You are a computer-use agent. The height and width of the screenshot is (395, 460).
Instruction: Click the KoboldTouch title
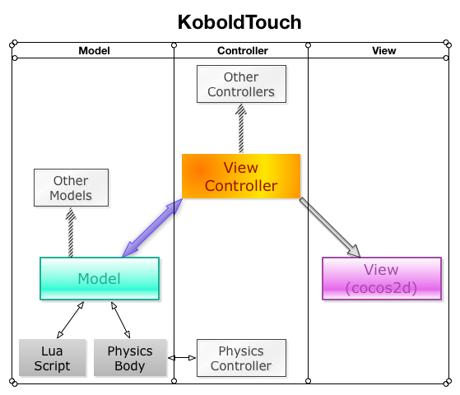(x=239, y=22)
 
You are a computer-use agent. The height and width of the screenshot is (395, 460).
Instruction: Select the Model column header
(x=94, y=51)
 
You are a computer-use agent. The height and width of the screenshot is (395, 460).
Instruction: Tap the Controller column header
(x=243, y=51)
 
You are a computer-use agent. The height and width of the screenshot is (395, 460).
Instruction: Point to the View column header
(x=384, y=51)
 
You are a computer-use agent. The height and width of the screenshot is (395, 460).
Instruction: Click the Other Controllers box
(x=241, y=84)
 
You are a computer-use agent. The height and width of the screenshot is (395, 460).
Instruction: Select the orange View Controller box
(x=241, y=176)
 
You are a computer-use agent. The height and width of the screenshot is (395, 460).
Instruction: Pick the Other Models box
(x=71, y=188)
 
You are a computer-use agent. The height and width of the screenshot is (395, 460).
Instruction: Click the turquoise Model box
(x=100, y=278)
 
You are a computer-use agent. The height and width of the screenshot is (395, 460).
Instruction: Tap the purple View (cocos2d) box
(x=382, y=278)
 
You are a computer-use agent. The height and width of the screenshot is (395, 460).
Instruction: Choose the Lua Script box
(x=52, y=358)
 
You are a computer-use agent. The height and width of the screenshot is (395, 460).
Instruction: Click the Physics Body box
(x=130, y=358)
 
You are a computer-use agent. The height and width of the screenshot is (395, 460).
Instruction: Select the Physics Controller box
(x=241, y=358)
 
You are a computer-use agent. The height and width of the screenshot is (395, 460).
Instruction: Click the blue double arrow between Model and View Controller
(x=152, y=228)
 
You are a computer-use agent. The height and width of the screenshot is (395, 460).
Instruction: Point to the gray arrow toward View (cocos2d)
(x=330, y=228)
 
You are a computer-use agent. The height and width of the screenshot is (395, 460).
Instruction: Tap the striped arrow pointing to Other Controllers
(x=241, y=128)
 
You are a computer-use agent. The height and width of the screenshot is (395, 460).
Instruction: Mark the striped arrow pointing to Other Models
(x=71, y=232)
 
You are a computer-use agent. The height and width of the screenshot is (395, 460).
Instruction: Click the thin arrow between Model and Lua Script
(x=71, y=320)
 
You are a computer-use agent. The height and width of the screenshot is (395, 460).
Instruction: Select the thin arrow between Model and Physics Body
(x=121, y=320)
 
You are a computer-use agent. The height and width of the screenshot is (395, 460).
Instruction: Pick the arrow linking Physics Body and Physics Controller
(x=182, y=358)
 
